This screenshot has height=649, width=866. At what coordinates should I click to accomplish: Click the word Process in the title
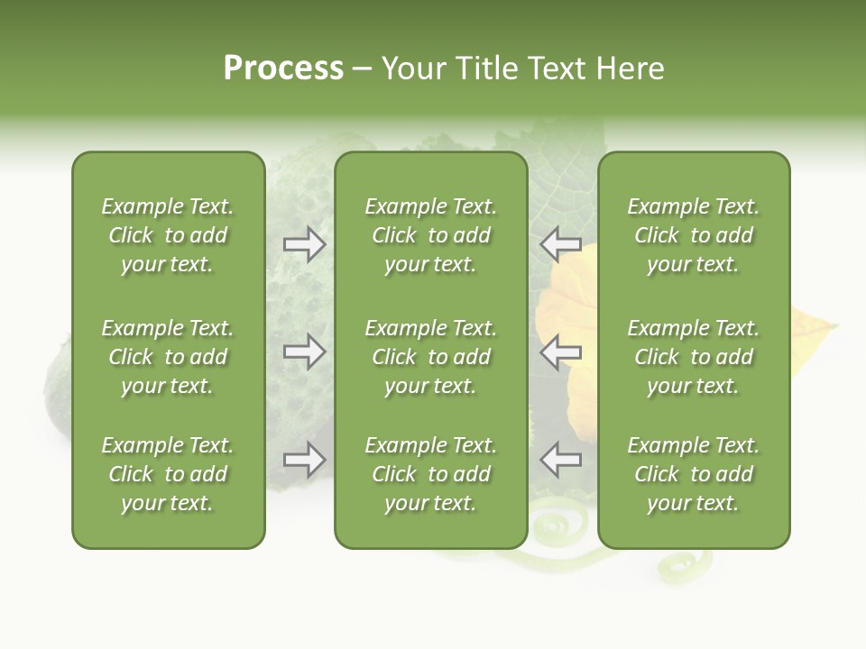point(283,69)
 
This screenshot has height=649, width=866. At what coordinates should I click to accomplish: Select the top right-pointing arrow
point(304,244)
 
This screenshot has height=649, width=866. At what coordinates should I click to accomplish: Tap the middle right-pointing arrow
point(304,352)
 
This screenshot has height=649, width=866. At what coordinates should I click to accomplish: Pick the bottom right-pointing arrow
point(304,460)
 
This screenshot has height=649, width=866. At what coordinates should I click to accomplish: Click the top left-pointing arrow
point(560,244)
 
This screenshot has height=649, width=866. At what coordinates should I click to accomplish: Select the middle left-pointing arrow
point(560,352)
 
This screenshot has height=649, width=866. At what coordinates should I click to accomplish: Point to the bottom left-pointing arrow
point(560,460)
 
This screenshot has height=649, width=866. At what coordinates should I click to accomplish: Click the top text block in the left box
point(168,235)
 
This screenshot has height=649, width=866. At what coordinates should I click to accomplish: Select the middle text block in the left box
point(168,357)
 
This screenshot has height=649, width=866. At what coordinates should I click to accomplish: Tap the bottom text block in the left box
point(168,474)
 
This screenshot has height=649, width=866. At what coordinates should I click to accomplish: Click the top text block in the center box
point(430,235)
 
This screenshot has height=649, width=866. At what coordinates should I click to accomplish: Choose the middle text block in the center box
point(430,357)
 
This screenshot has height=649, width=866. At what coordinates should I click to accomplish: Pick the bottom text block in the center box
point(430,474)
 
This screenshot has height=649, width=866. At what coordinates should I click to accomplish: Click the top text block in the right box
point(693,235)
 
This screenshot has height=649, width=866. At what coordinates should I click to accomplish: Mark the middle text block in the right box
point(693,357)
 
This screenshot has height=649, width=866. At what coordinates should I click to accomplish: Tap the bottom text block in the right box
point(693,474)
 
